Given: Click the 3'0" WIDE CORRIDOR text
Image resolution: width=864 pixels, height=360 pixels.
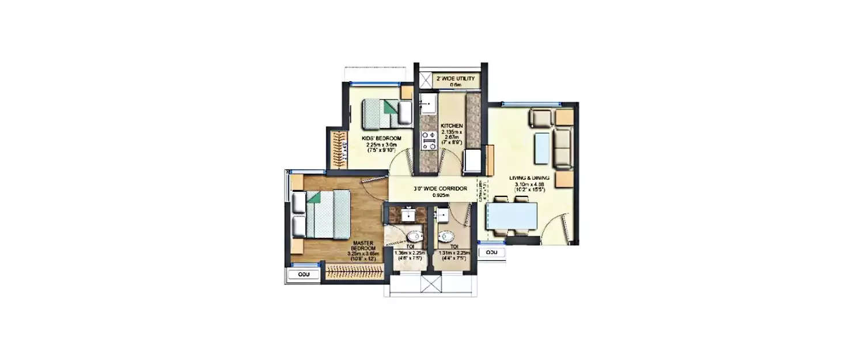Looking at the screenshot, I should coord(435,188).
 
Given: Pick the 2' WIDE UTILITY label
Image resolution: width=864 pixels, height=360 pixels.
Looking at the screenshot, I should coord(456,77).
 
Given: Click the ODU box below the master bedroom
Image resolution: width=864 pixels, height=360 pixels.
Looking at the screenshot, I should coord(304,275).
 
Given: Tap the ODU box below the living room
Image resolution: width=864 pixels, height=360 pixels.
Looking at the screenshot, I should coord(491,252).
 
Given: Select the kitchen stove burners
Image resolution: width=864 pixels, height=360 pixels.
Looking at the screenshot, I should coord(428,141).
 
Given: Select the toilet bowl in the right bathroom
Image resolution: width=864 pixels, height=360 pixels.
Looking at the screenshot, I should coord(446,236).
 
